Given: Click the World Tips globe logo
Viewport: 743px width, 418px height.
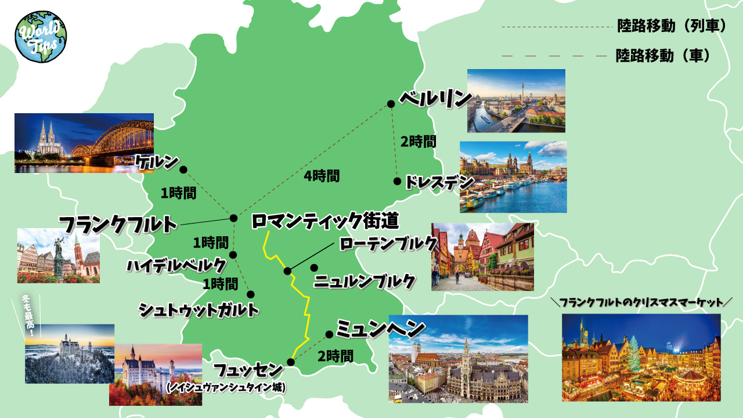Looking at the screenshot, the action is click(41, 36).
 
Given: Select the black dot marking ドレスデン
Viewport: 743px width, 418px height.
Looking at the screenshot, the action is click(397, 181).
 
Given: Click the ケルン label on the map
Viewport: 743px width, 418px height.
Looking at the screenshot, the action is click(157, 163).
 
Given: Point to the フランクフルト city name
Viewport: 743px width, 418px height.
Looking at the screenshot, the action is click(118, 224).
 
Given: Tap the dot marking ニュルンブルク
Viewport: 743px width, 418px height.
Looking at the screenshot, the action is click(314, 268).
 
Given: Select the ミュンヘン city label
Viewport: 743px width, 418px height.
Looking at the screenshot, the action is click(380, 329).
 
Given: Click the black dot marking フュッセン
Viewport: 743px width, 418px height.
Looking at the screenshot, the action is click(291, 362).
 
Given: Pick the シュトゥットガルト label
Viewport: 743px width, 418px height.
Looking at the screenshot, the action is click(198, 310).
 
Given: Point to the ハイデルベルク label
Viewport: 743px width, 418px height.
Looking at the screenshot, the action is click(176, 266).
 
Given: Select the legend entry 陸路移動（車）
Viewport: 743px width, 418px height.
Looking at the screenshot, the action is click(663, 56).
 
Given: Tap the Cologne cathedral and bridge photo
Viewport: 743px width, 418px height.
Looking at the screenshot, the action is click(84, 143).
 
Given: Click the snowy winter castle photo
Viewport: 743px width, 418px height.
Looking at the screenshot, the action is click(70, 354).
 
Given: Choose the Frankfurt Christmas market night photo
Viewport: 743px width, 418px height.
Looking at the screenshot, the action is click(641, 357).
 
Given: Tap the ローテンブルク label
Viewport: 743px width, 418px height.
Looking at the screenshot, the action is click(388, 244).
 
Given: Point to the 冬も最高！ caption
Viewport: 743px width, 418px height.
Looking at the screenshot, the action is click(28, 316).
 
